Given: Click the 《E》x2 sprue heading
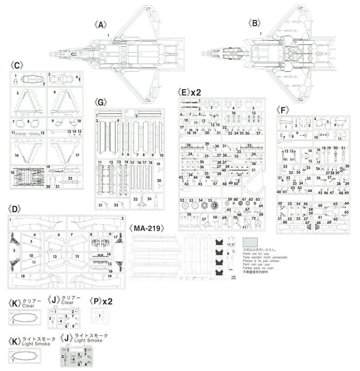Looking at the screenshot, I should tap(188, 91).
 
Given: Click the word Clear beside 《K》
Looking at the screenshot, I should tap(29, 306).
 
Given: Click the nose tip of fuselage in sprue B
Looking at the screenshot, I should tap(203, 54).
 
